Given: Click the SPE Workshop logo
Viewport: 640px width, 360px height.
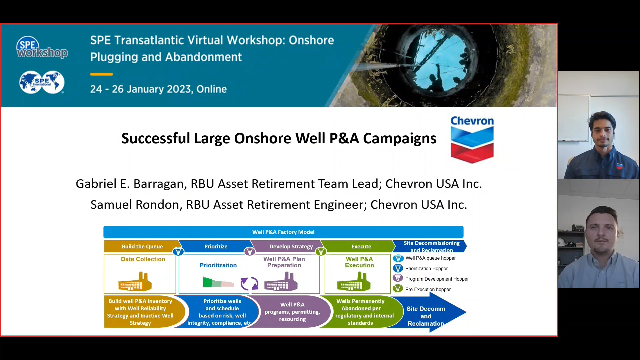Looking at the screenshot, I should point(41,48).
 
